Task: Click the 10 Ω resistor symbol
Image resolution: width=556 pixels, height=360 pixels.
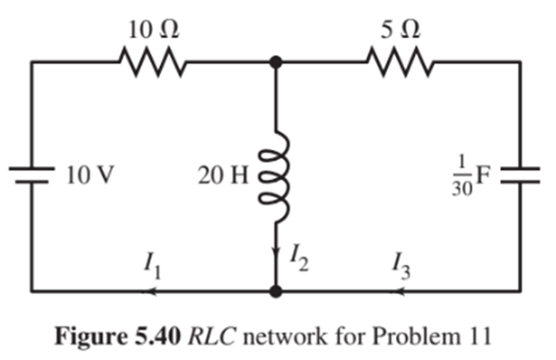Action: (x=152, y=62)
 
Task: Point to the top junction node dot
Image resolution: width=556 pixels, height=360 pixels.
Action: (x=275, y=62)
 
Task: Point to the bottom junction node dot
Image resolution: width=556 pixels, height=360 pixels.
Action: (x=275, y=292)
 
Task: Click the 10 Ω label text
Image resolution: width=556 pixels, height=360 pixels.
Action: (x=152, y=27)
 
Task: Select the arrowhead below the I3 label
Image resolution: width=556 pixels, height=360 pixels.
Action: (x=400, y=292)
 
